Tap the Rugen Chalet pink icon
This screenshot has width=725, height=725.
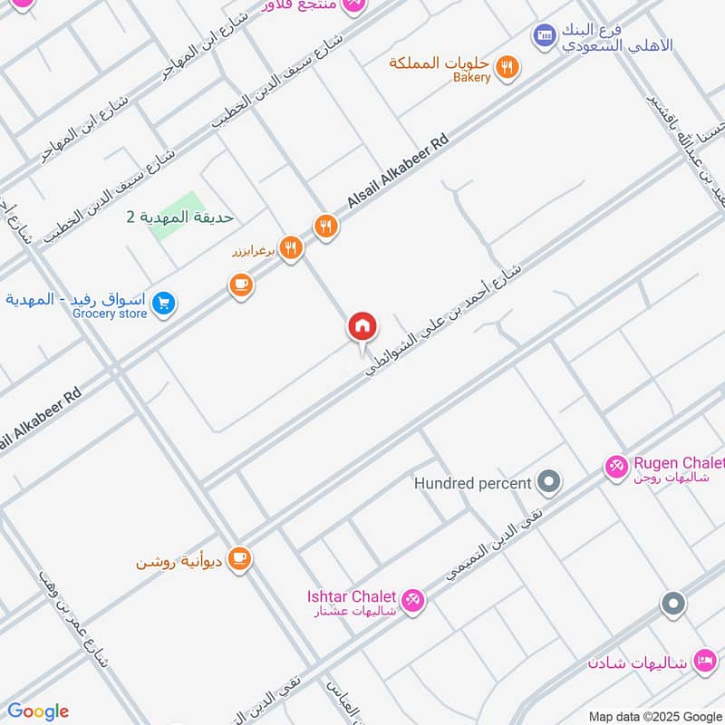point(616,467)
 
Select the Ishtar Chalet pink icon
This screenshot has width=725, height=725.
point(412,600)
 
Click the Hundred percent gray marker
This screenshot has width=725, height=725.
point(548,481)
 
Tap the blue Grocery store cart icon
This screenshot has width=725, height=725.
point(163,304)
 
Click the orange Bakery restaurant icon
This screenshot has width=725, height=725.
point(508,66)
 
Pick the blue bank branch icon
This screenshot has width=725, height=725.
point(544,35)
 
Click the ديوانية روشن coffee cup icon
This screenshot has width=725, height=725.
point(239,558)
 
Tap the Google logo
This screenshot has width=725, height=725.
point(38,711)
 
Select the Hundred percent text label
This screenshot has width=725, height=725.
point(472,483)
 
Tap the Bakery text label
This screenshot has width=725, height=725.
point(471,78)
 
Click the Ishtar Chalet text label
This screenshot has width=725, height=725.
point(351,595)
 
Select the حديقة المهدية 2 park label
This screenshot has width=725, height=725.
point(179,217)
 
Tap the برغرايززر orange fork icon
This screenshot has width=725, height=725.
point(290,247)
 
